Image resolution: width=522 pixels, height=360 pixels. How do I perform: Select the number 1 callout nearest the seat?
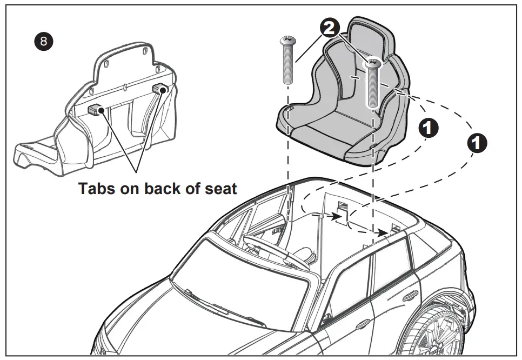(429, 128)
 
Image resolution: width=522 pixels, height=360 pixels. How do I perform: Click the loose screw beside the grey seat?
(288, 60)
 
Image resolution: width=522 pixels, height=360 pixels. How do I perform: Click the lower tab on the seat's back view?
(95, 110)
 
